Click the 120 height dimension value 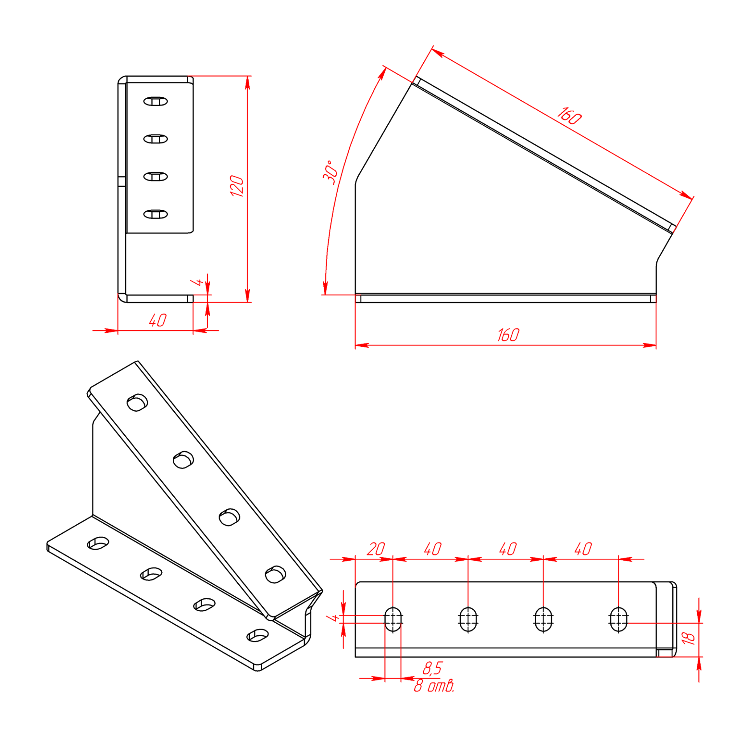click(x=237, y=186)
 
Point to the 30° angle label click(x=330, y=172)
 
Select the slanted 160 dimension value click(x=569, y=116)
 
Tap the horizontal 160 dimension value click(x=508, y=335)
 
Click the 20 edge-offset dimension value click(x=375, y=549)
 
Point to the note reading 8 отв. click(x=434, y=686)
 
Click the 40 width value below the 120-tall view click(x=158, y=321)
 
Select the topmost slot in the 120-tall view click(x=155, y=102)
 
